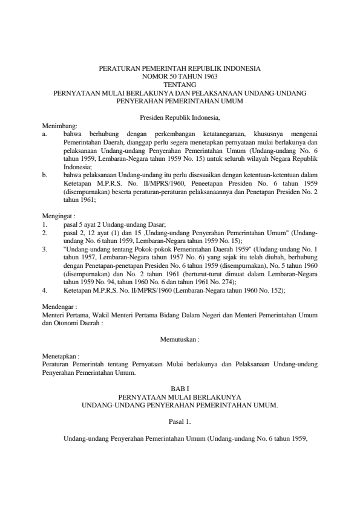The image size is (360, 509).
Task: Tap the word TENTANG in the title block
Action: click(x=180, y=85)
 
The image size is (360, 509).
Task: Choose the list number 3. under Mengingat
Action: click(x=46, y=249)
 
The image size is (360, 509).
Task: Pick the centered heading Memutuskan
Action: click(x=180, y=340)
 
